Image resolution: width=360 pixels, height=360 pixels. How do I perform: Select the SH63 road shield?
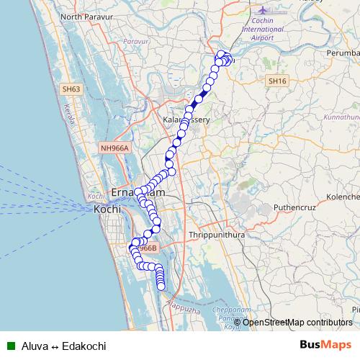click(71, 89)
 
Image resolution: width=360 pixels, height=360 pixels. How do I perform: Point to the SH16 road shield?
click(276, 82)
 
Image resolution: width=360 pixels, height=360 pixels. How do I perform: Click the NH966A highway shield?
click(114, 148)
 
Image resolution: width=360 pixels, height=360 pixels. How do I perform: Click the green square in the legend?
click(11, 346)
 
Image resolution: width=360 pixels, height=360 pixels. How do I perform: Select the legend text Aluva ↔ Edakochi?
click(64, 346)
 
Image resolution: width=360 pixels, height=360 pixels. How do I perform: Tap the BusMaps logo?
click(326, 345)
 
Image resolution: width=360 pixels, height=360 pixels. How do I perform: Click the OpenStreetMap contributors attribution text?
click(297, 322)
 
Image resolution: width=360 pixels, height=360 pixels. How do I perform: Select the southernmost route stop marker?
click(161, 287)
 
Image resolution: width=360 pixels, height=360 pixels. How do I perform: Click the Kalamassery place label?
click(186, 120)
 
